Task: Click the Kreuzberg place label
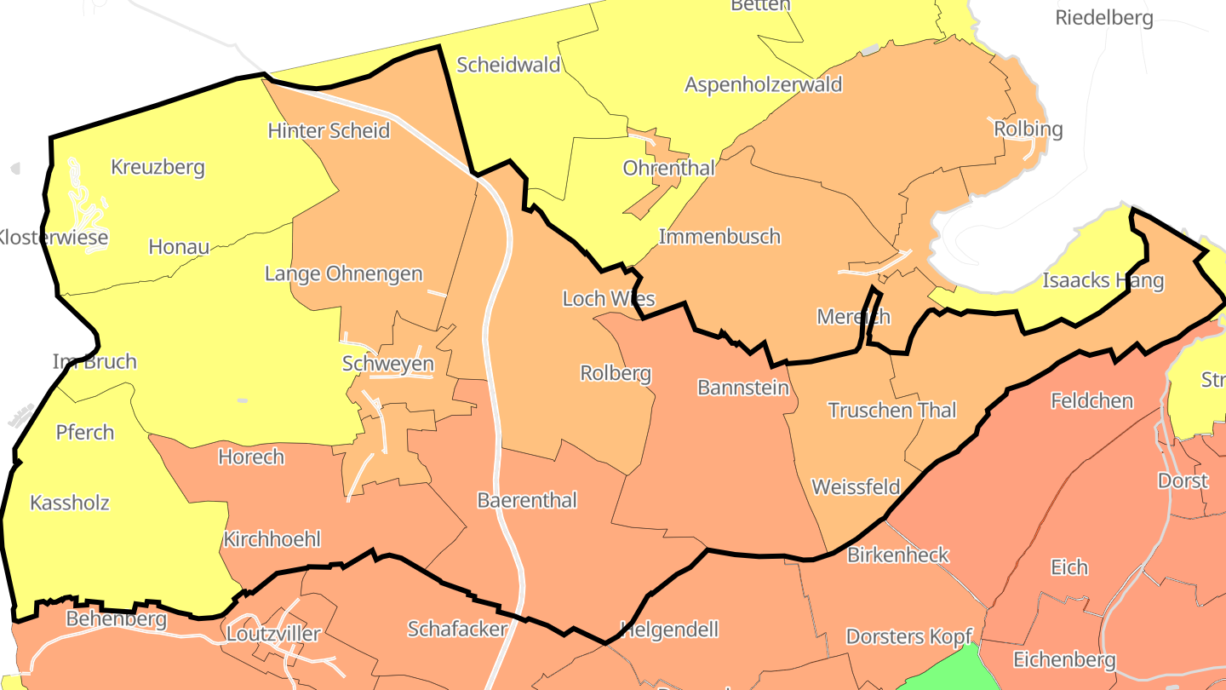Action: click(x=158, y=167)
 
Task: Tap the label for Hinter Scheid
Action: click(x=329, y=130)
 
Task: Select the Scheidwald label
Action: click(x=508, y=65)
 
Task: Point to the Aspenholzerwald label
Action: click(x=764, y=84)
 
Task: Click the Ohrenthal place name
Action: click(x=669, y=168)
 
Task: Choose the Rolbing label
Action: click(x=1028, y=129)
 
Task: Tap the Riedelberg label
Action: click(x=1104, y=18)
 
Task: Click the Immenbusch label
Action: click(x=719, y=236)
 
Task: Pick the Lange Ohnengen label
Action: click(x=343, y=273)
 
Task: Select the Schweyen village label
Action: click(x=387, y=364)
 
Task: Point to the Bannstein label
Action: click(x=743, y=388)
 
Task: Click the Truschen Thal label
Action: click(x=892, y=411)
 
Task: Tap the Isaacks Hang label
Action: click(x=1103, y=281)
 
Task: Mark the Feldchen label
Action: click(x=1092, y=400)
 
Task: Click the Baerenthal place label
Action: click(x=527, y=500)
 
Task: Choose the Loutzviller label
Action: click(x=272, y=634)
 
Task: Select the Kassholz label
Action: click(x=70, y=503)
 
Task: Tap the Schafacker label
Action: click(x=457, y=630)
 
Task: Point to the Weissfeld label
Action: click(x=856, y=487)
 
